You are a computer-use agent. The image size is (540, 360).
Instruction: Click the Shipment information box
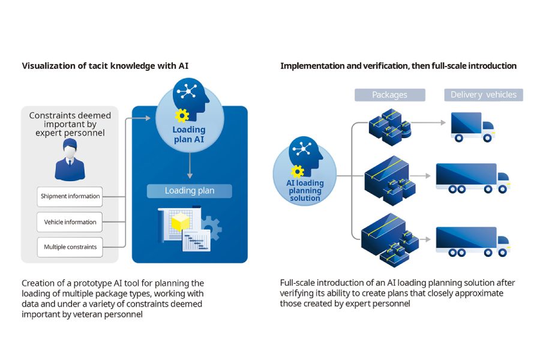[x=70, y=196]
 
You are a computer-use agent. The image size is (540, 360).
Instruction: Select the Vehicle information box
[x=70, y=222]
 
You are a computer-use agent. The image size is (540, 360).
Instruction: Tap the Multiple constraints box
[x=70, y=247]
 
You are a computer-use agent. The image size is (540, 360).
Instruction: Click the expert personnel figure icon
[x=70, y=160]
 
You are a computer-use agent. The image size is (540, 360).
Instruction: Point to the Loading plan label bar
[x=190, y=191]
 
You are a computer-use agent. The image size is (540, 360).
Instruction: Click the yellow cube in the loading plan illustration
[x=180, y=224]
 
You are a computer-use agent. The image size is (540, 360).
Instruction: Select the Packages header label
[x=389, y=95]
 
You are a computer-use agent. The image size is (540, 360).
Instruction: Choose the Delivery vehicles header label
[x=483, y=95]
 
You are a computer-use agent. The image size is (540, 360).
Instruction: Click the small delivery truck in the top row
[x=473, y=127]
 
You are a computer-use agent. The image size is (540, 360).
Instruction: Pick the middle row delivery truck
[x=472, y=178]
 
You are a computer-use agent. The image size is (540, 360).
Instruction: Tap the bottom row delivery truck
[x=472, y=241]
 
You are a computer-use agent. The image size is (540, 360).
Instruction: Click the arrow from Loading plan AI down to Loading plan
[x=189, y=165]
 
